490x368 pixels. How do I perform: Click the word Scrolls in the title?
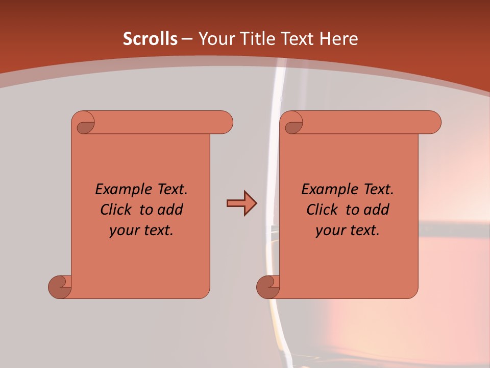pos(150,39)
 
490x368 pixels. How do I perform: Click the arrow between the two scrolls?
pos(241,203)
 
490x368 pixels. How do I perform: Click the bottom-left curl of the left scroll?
pos(59,287)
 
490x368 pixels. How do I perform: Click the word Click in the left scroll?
pos(112,210)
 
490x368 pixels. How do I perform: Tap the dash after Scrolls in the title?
pos(187,39)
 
